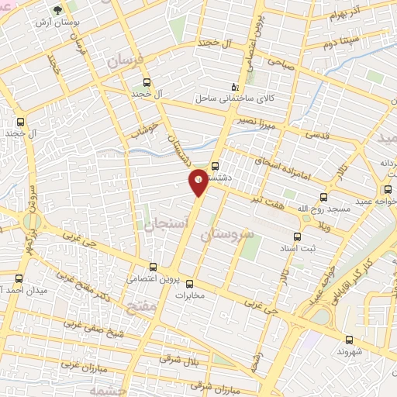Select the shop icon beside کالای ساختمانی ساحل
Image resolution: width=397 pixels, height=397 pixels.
pos(236,88)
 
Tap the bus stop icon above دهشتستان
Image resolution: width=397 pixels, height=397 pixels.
pos(215,164)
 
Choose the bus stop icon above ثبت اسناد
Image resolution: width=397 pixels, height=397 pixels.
pos(296,237)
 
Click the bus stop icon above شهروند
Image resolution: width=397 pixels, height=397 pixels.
pos(347,339)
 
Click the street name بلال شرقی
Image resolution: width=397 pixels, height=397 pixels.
pos(178,357)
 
